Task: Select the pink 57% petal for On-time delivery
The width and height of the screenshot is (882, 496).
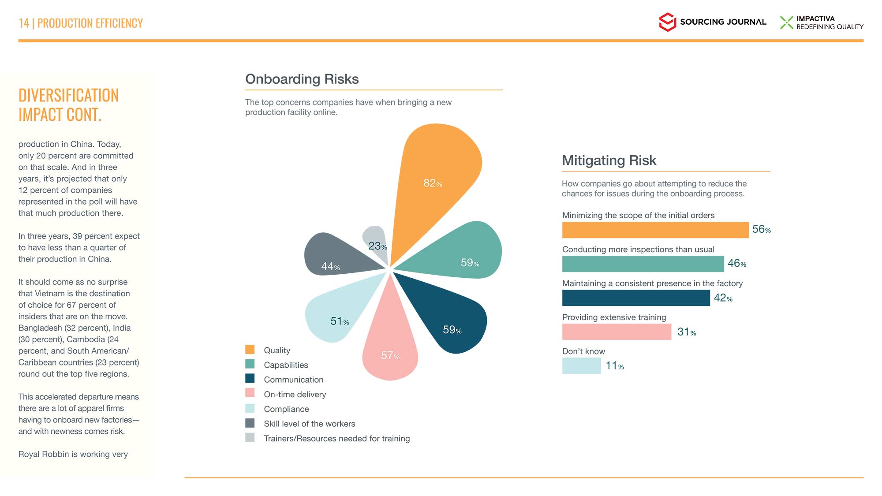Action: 390,348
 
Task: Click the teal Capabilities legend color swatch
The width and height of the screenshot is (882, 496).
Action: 250,364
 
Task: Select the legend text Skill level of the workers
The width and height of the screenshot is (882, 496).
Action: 309,424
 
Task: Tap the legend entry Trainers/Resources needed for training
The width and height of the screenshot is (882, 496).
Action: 336,438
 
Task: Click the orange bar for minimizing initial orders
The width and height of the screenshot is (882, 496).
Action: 655,230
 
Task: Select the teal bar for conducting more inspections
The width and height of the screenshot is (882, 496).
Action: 643,264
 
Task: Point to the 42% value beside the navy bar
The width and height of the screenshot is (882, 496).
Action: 723,298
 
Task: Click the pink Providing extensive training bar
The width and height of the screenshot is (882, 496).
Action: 616,332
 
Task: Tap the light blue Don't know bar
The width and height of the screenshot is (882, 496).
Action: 581,365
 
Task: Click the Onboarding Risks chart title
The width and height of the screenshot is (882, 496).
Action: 302,79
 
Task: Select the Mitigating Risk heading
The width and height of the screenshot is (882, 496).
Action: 609,160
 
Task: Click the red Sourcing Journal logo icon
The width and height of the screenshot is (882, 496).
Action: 667,22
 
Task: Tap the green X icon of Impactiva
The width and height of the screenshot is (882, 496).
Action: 786,22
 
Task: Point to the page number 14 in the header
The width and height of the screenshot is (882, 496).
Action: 24,23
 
